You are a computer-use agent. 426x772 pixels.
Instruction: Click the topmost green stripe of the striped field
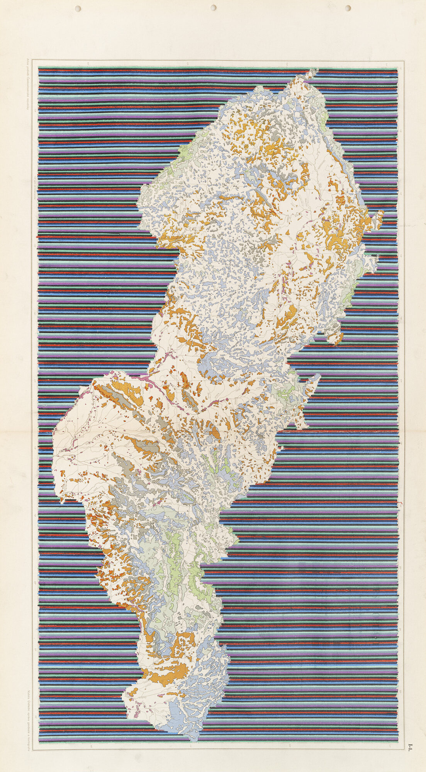click(x=216, y=69)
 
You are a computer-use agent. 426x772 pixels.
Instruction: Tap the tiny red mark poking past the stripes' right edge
click(x=401, y=503)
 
